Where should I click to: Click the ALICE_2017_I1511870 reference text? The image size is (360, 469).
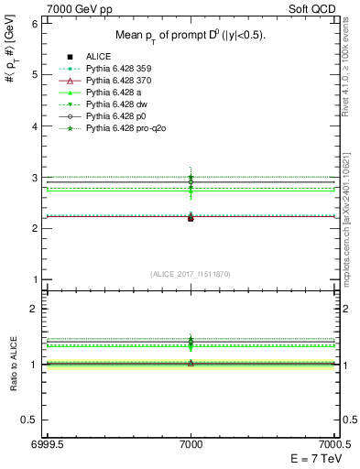(x=191, y=275)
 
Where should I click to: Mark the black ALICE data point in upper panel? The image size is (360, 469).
(x=191, y=218)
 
